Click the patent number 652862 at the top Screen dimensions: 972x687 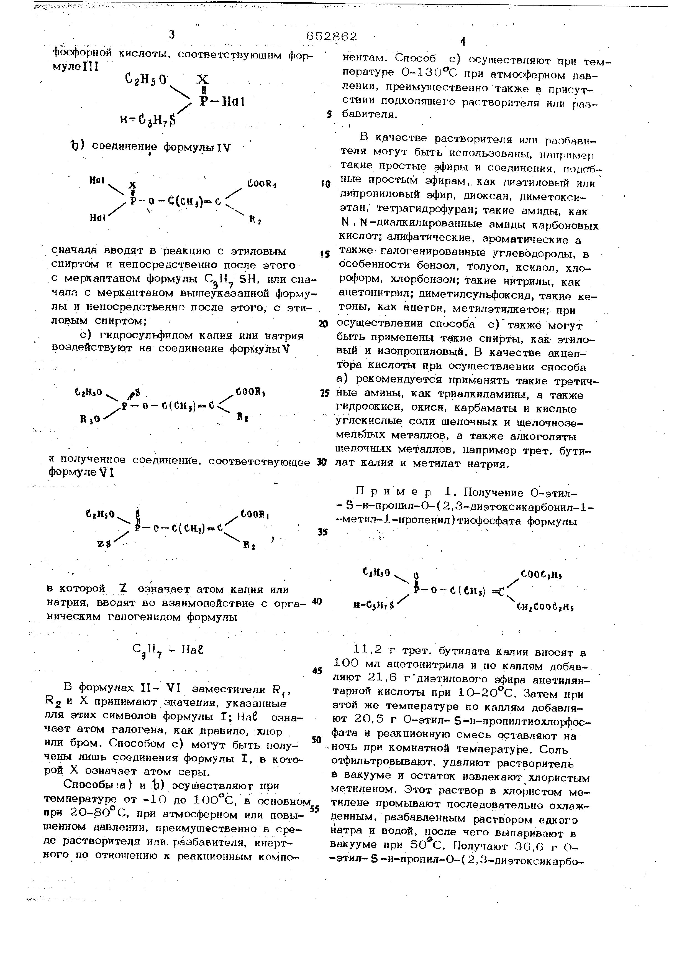pyautogui.click(x=331, y=36)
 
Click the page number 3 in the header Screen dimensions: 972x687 pyautogui.click(x=171, y=35)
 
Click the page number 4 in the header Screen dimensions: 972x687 pyautogui.click(x=462, y=42)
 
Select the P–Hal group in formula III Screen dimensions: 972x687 pyautogui.click(x=222, y=102)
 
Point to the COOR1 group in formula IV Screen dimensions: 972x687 pyautogui.click(x=262, y=184)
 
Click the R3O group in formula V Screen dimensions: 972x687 pyautogui.click(x=90, y=419)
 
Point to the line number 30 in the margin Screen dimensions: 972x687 pyautogui.click(x=322, y=462)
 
